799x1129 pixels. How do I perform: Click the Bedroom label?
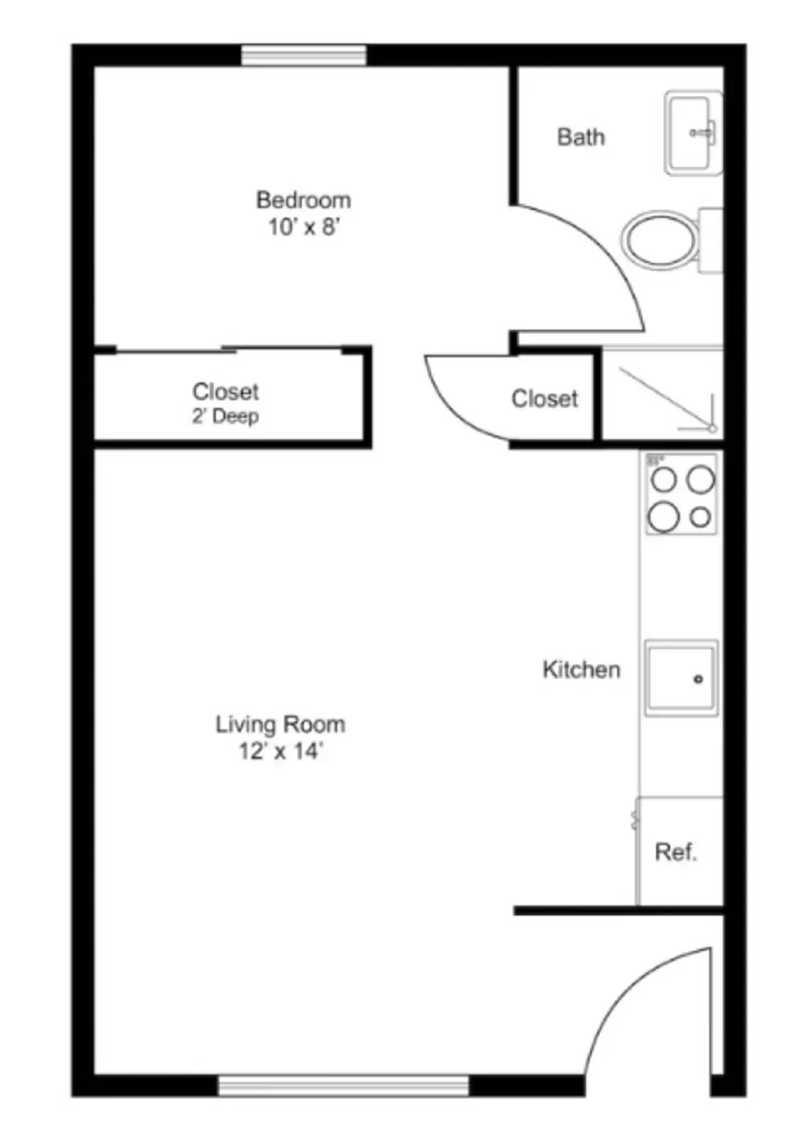click(303, 200)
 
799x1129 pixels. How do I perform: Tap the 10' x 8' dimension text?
click(304, 227)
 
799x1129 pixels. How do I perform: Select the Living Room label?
click(280, 725)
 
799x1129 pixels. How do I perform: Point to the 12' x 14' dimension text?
click(281, 751)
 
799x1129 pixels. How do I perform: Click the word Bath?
click(580, 137)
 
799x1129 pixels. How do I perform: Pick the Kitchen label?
click(581, 670)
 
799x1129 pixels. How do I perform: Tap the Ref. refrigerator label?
click(676, 852)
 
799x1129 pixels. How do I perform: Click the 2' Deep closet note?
click(225, 416)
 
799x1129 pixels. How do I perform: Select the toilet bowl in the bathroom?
click(659, 240)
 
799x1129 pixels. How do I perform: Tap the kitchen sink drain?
click(698, 680)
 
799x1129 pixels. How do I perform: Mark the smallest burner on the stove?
click(700, 518)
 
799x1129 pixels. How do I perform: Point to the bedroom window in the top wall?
click(304, 55)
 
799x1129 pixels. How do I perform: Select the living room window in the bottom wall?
click(343, 1085)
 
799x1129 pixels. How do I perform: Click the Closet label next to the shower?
click(544, 399)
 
